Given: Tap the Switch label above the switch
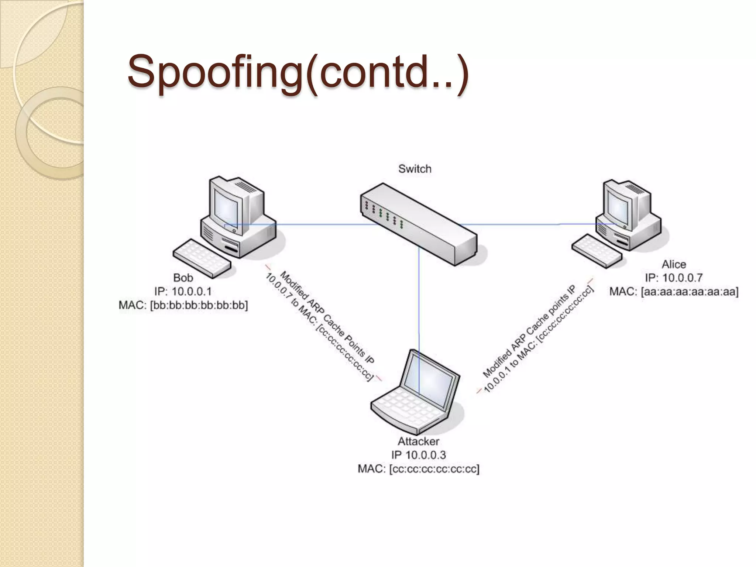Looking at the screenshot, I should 415,169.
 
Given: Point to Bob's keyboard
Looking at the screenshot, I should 201,258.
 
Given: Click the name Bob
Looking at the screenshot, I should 183,278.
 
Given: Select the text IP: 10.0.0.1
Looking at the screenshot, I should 183,292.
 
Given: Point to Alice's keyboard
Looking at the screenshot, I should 596,250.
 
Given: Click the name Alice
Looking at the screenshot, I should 674,264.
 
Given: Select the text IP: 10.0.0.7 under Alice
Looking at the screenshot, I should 674,278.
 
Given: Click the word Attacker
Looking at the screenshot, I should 418,441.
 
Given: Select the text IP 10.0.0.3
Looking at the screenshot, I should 418,455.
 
